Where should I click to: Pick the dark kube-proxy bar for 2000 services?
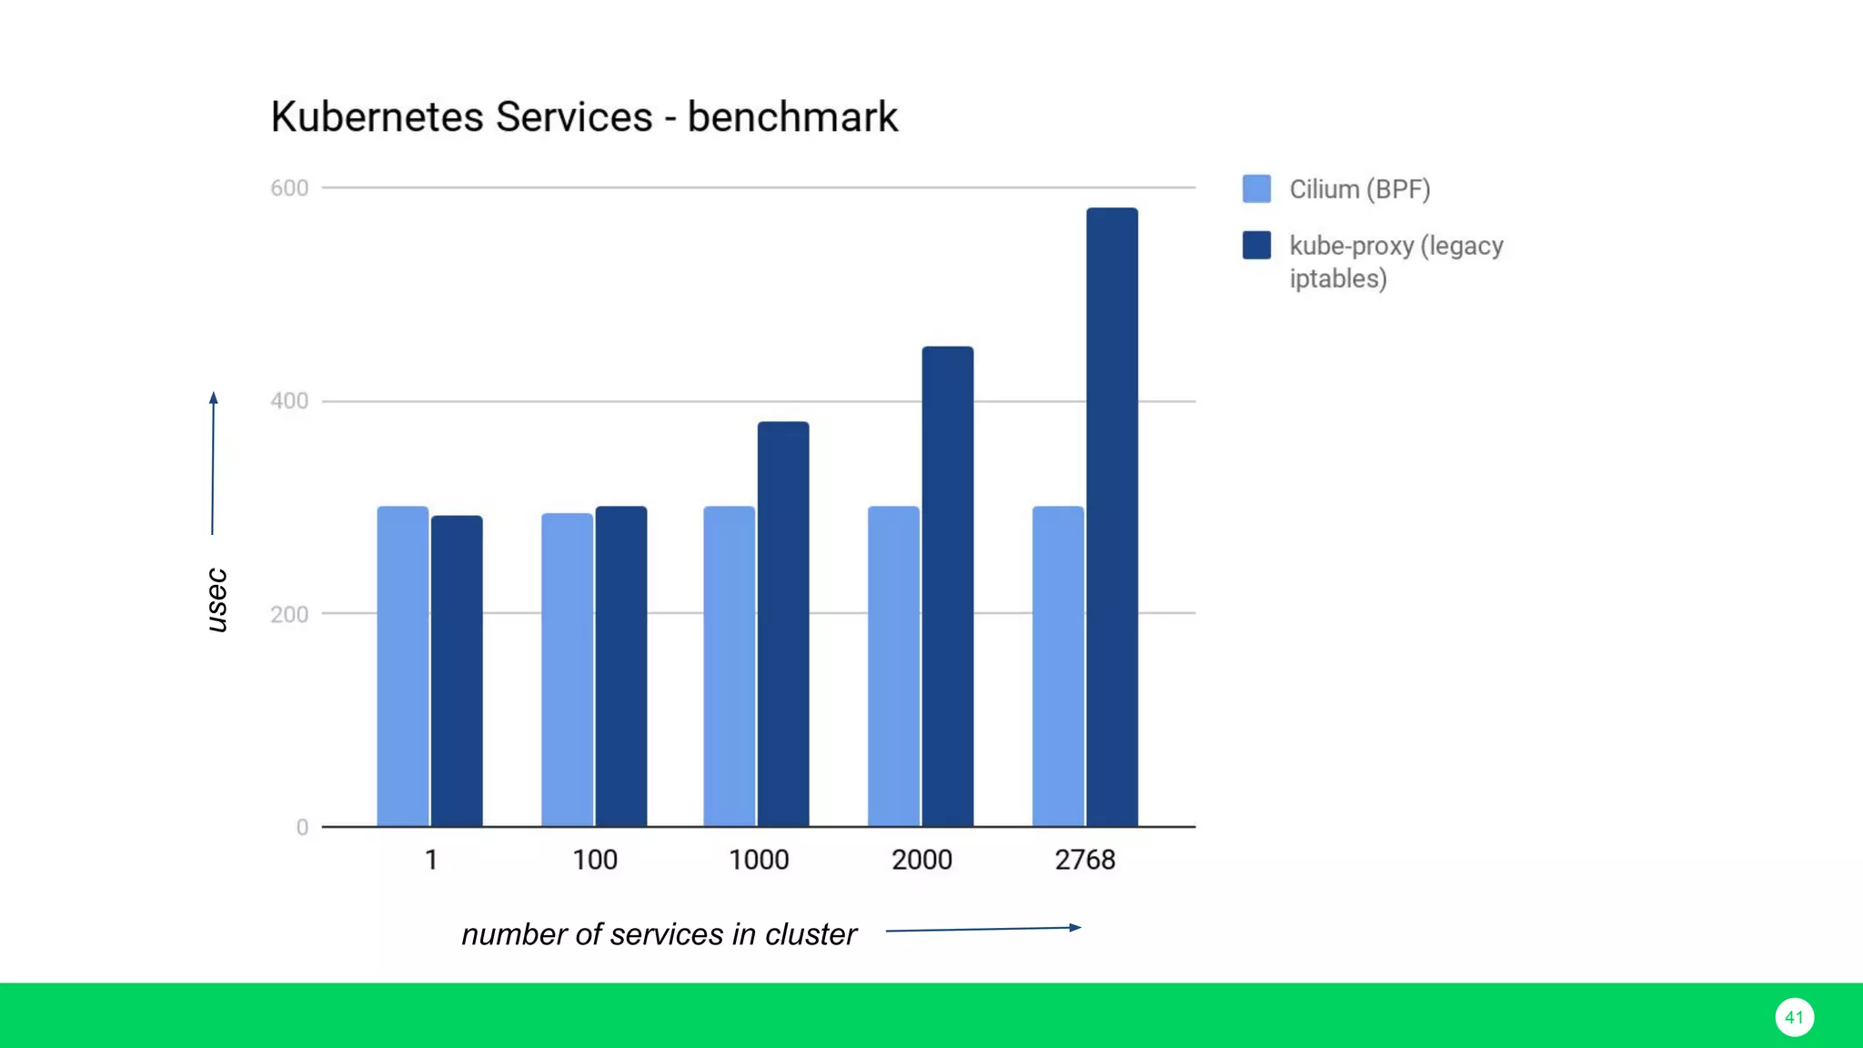pos(948,586)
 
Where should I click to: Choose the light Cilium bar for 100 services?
pos(567,670)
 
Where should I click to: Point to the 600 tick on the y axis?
pos(289,188)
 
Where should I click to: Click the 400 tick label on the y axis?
pos(289,401)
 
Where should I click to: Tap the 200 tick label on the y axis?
pos(289,614)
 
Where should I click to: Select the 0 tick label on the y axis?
pos(302,827)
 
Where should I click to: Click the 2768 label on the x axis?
pos(1084,860)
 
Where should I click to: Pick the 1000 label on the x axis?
pos(759,860)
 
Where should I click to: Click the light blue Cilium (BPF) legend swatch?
pos(1256,188)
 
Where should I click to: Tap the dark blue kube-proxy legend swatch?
pos(1256,245)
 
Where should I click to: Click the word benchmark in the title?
pos(792,117)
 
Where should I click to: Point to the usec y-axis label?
pos(217,600)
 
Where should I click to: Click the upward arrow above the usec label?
pos(213,463)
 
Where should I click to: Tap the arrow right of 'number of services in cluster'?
pos(983,929)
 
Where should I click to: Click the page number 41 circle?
pos(1794,1017)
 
